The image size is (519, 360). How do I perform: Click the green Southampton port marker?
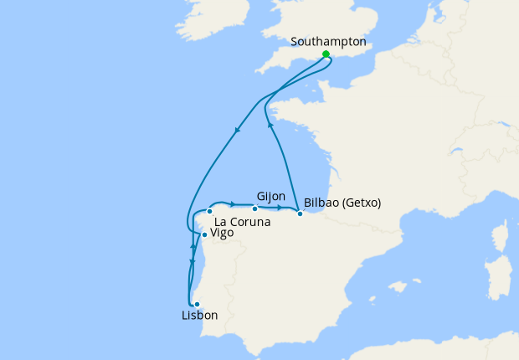pos(326,54)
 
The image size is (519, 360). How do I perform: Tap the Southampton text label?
pos(328,40)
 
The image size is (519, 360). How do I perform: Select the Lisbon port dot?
pos(197,305)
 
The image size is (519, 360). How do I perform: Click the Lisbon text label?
pos(199,316)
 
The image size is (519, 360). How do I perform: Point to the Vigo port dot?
pos(204,234)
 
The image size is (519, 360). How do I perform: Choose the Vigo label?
pos(222,233)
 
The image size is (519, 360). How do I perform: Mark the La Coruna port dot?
pos(209,211)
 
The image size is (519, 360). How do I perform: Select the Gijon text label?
pos(271,196)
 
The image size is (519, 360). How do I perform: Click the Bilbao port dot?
pos(300,213)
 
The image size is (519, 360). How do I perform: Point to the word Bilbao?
pos(321,203)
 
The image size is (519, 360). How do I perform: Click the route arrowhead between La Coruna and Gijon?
pos(232,203)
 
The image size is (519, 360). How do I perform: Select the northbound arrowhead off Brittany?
pos(270,125)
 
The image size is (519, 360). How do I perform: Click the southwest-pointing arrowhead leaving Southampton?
pos(238,130)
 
